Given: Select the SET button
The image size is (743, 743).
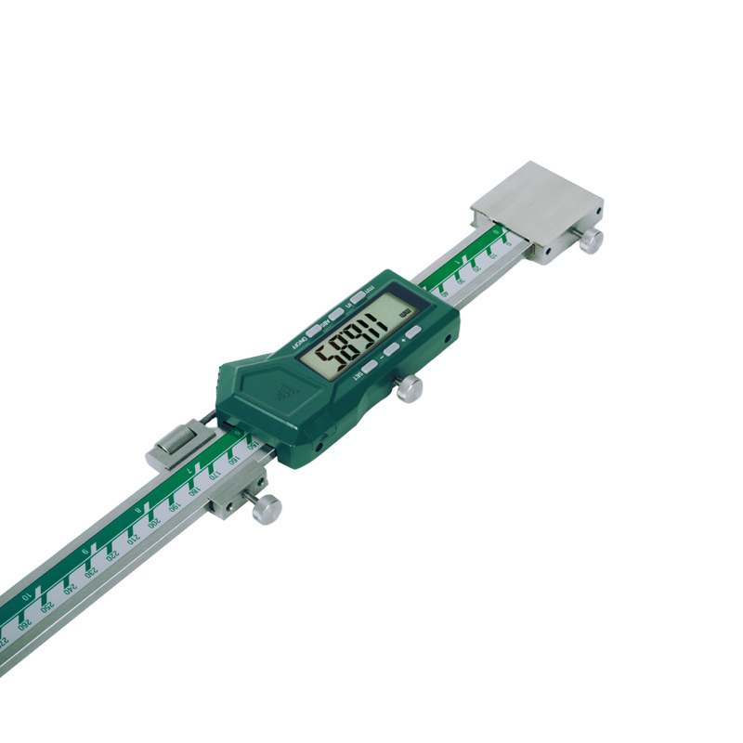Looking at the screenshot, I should point(369,367).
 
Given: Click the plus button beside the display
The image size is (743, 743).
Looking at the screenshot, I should point(410,332).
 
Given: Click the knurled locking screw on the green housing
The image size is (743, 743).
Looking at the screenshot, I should point(409,391).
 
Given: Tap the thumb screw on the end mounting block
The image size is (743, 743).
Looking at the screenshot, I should point(591,241).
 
